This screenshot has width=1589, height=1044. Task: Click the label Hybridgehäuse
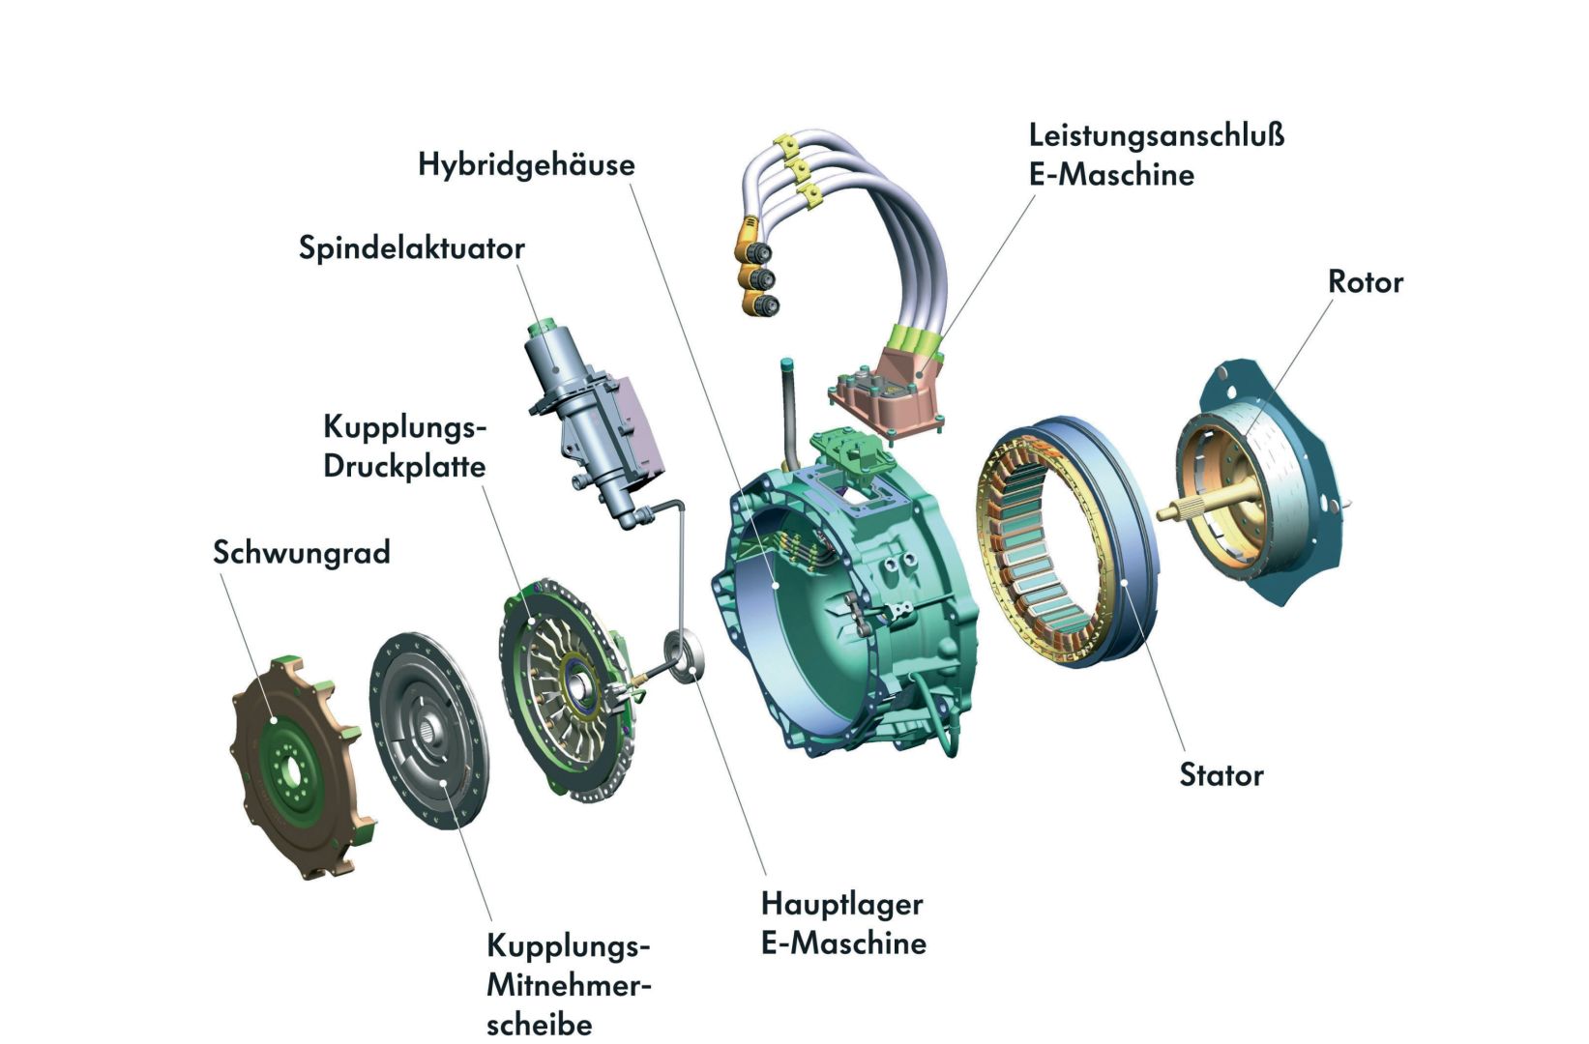pos(526,164)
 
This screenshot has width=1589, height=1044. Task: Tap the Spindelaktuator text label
pos(411,248)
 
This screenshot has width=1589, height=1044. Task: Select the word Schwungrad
pos(301,553)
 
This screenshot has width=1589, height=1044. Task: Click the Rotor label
pos(1365,282)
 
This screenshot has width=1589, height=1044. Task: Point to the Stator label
pos(1221,775)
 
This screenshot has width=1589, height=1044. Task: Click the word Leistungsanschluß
pos(1157,134)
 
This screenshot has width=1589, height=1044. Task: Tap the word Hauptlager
pos(841,904)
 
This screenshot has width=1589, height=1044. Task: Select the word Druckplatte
pos(404,466)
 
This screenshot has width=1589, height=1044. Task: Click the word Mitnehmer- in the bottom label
pos(569,986)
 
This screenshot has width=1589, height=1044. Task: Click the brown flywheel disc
pos(290,764)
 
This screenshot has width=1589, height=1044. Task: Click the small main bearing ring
pos(685,656)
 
